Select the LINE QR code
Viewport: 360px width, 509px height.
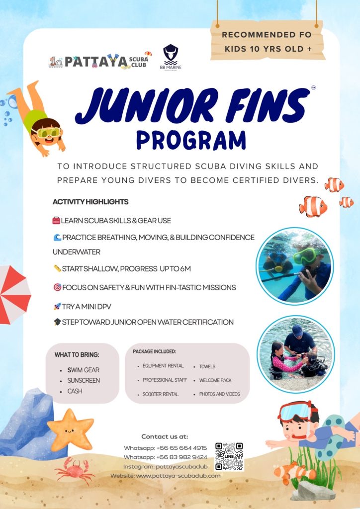(x=229, y=456)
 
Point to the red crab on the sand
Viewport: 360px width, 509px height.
(x=74, y=469)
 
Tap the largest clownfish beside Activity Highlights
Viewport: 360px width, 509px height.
(x=313, y=206)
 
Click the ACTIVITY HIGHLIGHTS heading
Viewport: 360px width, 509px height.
(x=90, y=202)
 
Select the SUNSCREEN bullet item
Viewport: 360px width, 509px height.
(x=84, y=380)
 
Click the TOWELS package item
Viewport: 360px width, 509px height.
(x=207, y=366)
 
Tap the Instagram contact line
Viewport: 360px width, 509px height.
(x=165, y=466)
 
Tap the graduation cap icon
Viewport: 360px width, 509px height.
(x=57, y=322)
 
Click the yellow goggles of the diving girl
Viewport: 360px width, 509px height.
(x=46, y=132)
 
